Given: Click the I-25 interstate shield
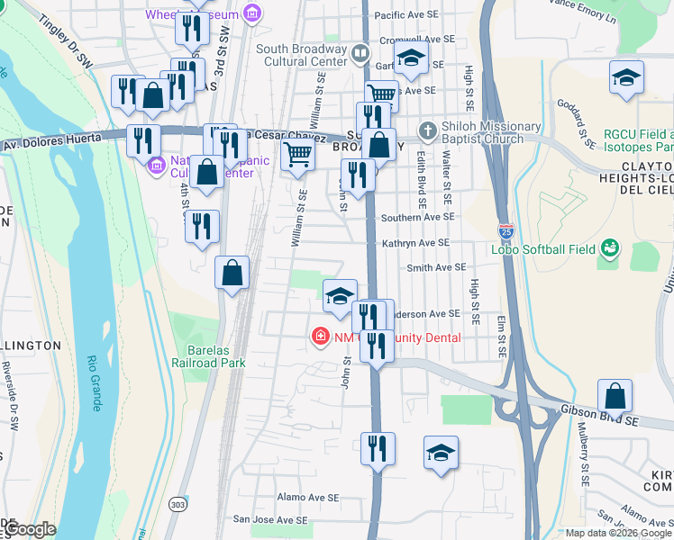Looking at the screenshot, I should (507, 232).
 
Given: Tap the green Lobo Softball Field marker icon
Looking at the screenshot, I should (610, 247).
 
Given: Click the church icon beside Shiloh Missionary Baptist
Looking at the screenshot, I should (427, 130).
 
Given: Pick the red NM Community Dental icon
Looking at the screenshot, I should (319, 337).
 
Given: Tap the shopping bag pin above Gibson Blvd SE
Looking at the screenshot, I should (615, 395).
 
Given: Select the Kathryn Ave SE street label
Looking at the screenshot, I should (415, 243).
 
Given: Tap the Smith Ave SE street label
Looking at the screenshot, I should (436, 267).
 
